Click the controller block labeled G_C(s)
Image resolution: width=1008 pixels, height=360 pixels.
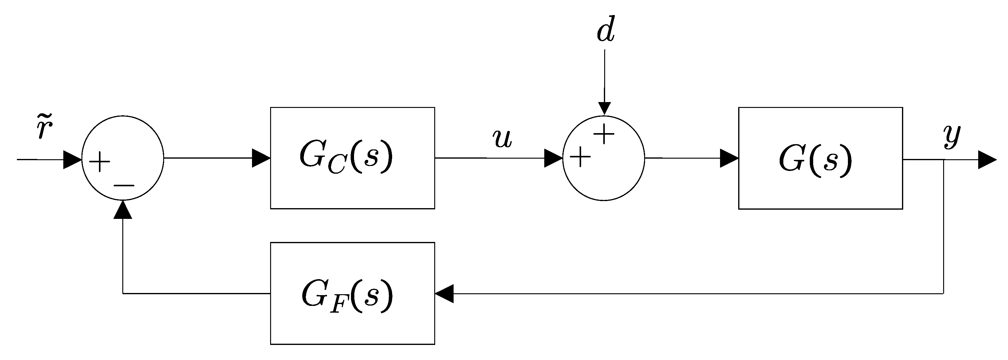click(x=352, y=158)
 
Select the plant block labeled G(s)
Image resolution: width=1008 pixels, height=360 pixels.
click(x=820, y=158)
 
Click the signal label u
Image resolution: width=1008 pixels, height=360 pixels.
click(x=502, y=139)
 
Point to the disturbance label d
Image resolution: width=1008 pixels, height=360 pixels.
click(x=605, y=29)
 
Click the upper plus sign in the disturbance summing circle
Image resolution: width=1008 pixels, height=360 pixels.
click(x=604, y=134)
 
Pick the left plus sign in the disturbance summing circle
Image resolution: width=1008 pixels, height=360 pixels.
click(x=580, y=158)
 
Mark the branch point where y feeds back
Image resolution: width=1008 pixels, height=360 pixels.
click(x=943, y=160)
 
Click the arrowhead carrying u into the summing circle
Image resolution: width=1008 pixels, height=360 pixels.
click(x=553, y=158)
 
